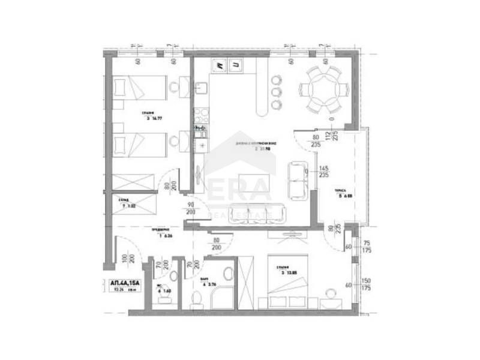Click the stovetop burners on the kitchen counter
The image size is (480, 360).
[x=200, y=113]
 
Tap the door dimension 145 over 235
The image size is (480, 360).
[x=324, y=172]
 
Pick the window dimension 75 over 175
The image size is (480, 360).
[x=366, y=247]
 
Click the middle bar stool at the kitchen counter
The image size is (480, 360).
[x=276, y=92]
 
